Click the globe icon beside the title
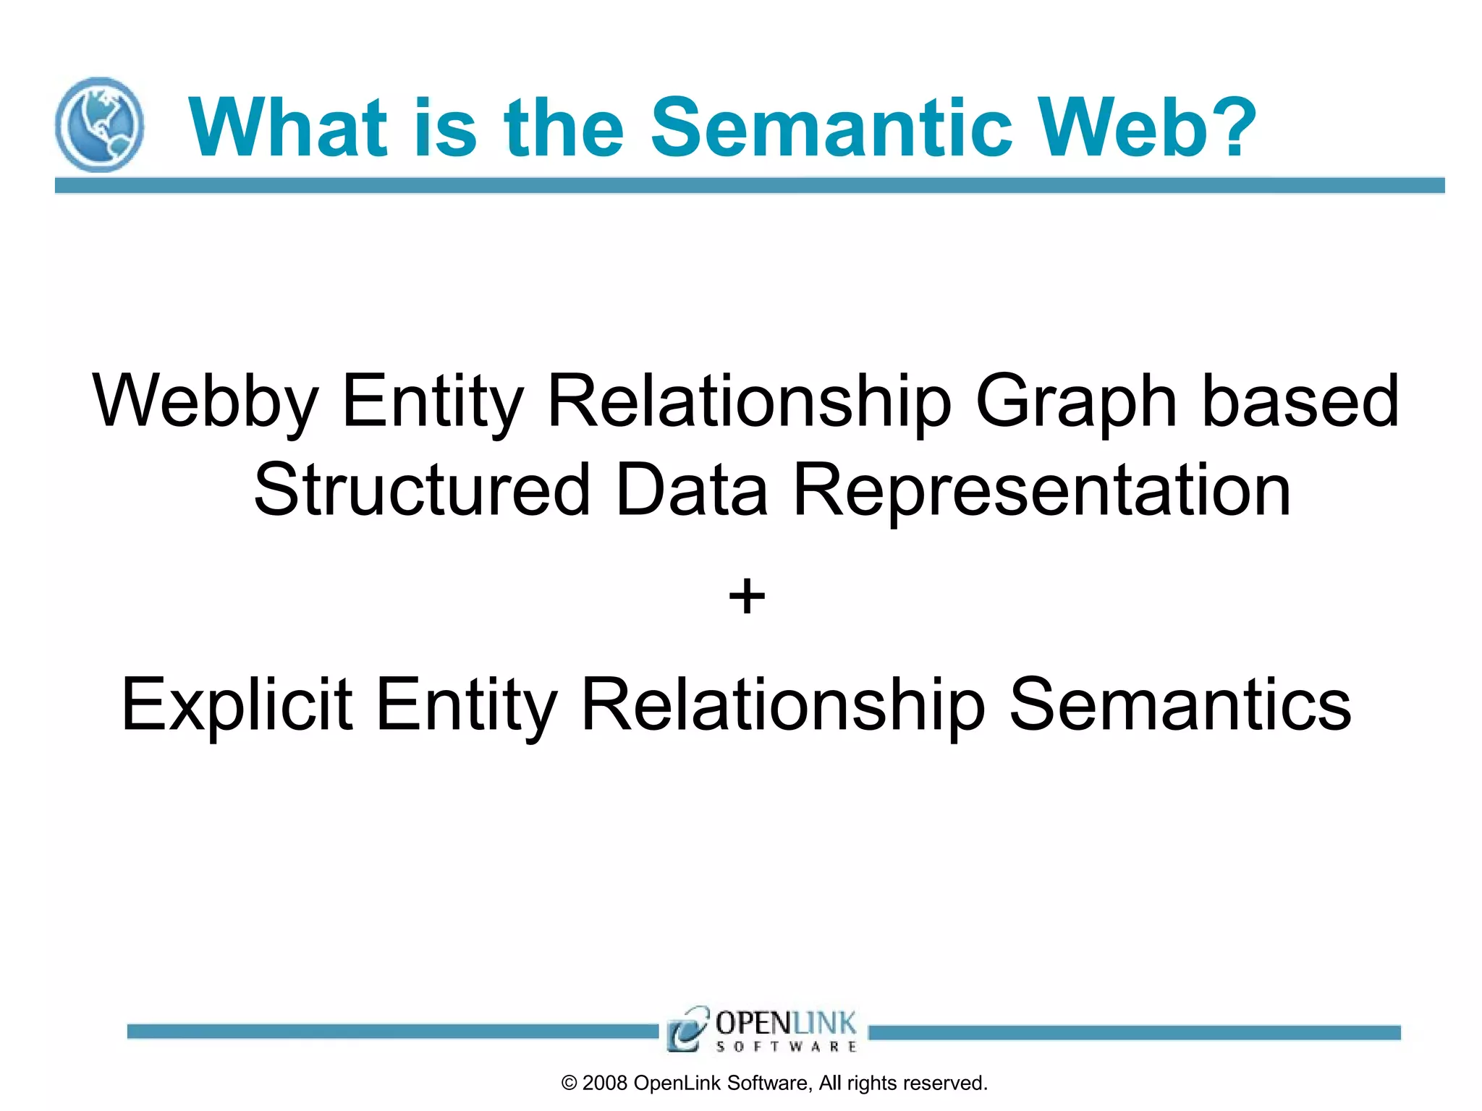click(x=99, y=124)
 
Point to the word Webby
click(x=206, y=402)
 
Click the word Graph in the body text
click(x=1076, y=402)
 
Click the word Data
click(x=691, y=490)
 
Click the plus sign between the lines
click(x=746, y=597)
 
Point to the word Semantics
click(x=1180, y=704)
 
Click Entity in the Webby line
click(x=432, y=402)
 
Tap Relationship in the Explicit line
click(x=783, y=704)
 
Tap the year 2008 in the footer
click(x=604, y=1083)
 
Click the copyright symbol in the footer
click(x=569, y=1083)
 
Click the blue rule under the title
click(x=749, y=185)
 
